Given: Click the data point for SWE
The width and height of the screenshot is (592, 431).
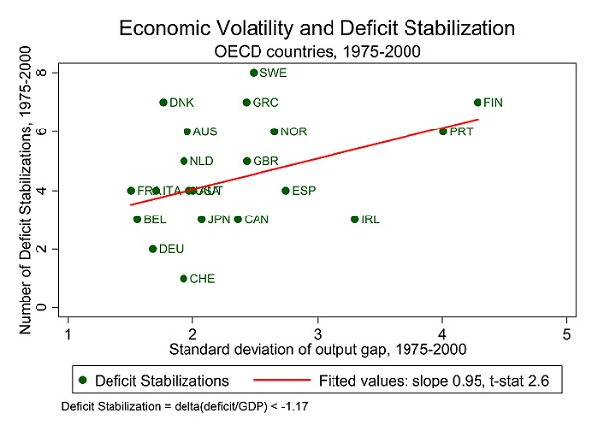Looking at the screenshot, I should [x=254, y=72].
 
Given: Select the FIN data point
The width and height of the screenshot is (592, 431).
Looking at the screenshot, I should [x=478, y=102].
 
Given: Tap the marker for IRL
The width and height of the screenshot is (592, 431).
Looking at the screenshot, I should [x=355, y=219].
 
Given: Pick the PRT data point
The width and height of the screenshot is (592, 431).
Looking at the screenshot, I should [x=443, y=131].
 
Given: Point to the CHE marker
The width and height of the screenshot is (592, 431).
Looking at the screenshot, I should [x=184, y=278].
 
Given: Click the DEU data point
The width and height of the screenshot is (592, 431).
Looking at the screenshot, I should [x=153, y=249].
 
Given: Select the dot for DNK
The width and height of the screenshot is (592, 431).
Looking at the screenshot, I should [x=163, y=102].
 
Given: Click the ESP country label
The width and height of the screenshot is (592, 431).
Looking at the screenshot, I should [x=304, y=191].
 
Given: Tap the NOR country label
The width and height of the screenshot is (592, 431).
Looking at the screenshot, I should [x=293, y=131].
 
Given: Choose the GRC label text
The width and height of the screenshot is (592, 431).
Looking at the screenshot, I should [x=265, y=102].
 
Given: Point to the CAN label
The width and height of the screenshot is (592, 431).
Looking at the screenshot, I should [x=257, y=219].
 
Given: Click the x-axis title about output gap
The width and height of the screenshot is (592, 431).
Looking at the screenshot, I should [x=317, y=349].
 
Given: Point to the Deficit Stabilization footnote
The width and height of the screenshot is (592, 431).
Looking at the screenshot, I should [x=163, y=407].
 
